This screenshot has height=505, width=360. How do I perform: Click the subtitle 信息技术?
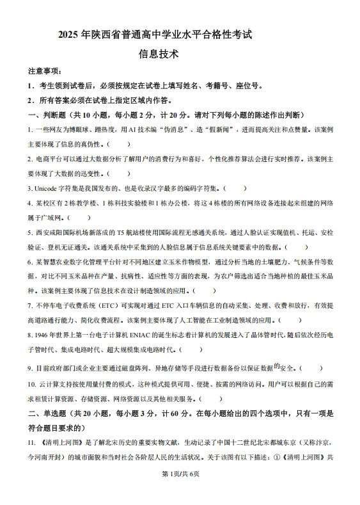(x=158, y=54)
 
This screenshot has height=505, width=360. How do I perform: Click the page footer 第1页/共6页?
(x=180, y=491)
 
